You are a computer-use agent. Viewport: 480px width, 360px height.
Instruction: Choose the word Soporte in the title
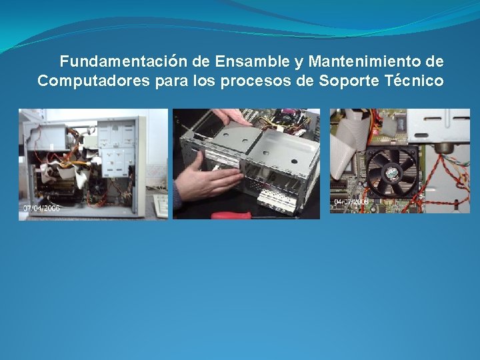pos(348,81)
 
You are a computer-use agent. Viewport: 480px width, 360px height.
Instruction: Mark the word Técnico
pos(413,81)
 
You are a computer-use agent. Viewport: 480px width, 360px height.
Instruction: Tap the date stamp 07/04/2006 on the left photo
pos(41,208)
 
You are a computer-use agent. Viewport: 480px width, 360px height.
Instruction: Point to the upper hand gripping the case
pos(231,118)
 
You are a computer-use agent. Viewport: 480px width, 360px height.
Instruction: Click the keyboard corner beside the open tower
pos(160,205)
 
